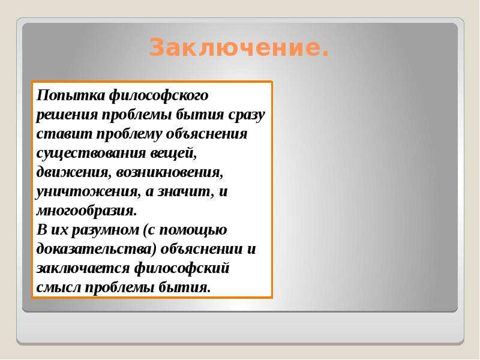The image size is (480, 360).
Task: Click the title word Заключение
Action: click(239, 47)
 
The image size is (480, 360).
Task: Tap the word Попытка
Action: click(71, 95)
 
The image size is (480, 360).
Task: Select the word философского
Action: click(158, 96)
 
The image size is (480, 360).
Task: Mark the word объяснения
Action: click(206, 134)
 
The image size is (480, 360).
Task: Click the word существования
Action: click(91, 154)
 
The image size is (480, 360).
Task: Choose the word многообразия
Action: click(86, 211)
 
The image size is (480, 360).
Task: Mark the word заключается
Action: click(83, 269)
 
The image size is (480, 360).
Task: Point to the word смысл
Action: click(58, 288)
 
